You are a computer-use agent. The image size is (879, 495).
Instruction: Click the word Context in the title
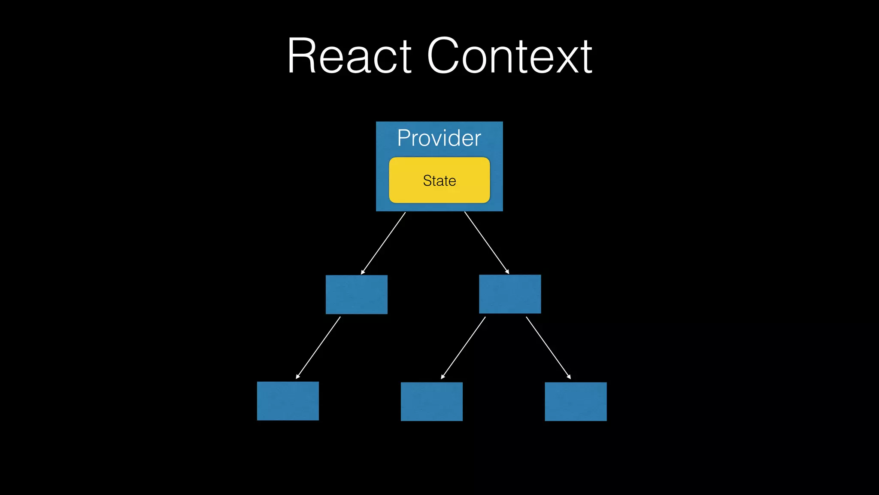pyautogui.click(x=509, y=56)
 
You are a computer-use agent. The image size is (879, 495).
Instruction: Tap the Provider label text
pyautogui.click(x=439, y=138)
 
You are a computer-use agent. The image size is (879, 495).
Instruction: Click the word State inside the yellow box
pyautogui.click(x=439, y=180)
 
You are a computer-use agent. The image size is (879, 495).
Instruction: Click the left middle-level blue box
pyautogui.click(x=356, y=294)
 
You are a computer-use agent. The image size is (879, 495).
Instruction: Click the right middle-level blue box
pyautogui.click(x=510, y=294)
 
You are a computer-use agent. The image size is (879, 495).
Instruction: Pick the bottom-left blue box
pyautogui.click(x=288, y=401)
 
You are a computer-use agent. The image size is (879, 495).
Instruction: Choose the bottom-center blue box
pyautogui.click(x=431, y=401)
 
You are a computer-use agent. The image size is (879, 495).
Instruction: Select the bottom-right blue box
pyautogui.click(x=576, y=401)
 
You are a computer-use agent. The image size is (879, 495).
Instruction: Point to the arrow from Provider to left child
pyautogui.click(x=383, y=243)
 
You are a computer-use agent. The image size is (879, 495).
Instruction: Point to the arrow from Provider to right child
pyautogui.click(x=487, y=243)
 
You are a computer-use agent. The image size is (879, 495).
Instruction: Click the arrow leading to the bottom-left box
pyautogui.click(x=318, y=348)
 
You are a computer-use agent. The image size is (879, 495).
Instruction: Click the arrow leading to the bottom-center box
pyautogui.click(x=463, y=348)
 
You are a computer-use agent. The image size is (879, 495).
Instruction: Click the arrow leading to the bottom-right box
pyautogui.click(x=548, y=348)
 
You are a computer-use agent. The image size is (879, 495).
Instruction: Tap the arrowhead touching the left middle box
pyautogui.click(x=363, y=272)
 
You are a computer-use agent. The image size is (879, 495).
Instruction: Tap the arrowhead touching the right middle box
pyautogui.click(x=507, y=272)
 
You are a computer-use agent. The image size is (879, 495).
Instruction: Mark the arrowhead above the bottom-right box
pyautogui.click(x=569, y=377)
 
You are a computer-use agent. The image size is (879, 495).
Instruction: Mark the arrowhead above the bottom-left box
pyautogui.click(x=297, y=377)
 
